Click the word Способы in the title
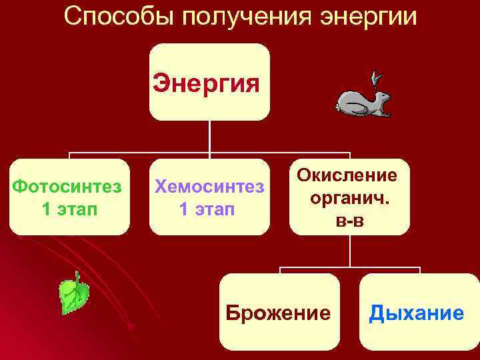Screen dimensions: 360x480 111,17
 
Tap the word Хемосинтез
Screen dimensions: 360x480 209,185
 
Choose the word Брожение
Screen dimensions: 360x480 278,312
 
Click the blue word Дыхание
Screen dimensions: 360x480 417,312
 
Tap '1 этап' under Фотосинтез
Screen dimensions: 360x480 69,209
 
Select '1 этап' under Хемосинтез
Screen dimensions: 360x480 207,209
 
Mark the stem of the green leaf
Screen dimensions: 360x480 78,277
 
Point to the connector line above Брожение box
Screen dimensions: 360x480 279,269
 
